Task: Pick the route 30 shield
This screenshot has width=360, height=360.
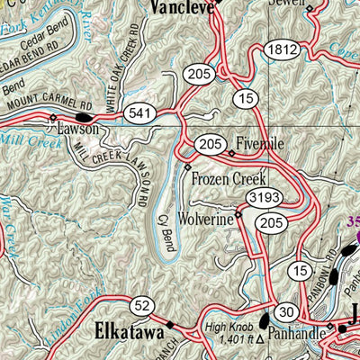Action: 287,311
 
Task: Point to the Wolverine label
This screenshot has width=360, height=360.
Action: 209,217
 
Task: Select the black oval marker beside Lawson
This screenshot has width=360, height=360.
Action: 84,117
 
